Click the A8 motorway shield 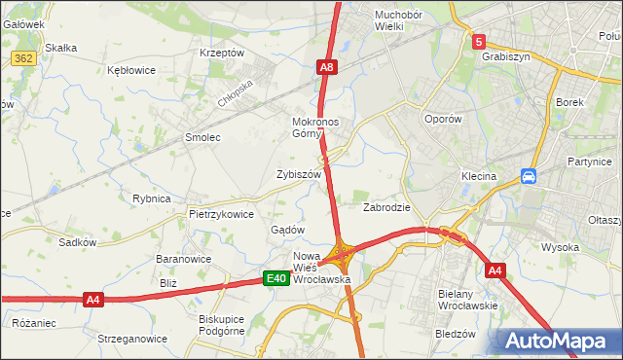click(x=328, y=67)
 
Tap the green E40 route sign click(x=276, y=279)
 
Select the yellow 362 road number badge click(x=24, y=58)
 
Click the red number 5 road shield click(x=479, y=42)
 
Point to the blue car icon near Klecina click(x=529, y=176)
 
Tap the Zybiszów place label click(x=299, y=174)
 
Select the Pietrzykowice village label click(x=221, y=214)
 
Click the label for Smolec click(x=203, y=138)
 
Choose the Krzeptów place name click(x=221, y=53)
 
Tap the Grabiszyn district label click(x=504, y=56)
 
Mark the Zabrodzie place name click(x=386, y=207)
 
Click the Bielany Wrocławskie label click(x=468, y=300)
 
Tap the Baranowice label click(x=184, y=260)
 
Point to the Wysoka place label click(x=561, y=247)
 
